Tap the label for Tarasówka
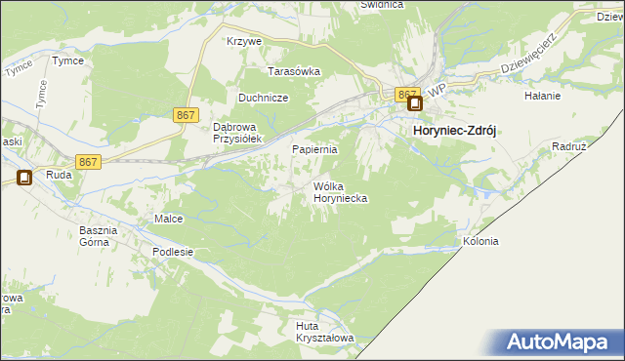pos(295,71)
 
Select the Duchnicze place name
pos(263,98)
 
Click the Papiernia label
pos(315,149)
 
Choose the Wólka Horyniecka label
pos(340,191)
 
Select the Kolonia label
pos(480,241)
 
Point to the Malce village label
pos(169,219)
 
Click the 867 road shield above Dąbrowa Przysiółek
pos(186,115)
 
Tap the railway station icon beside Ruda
pos(24,178)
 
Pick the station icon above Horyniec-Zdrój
pos(415,104)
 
